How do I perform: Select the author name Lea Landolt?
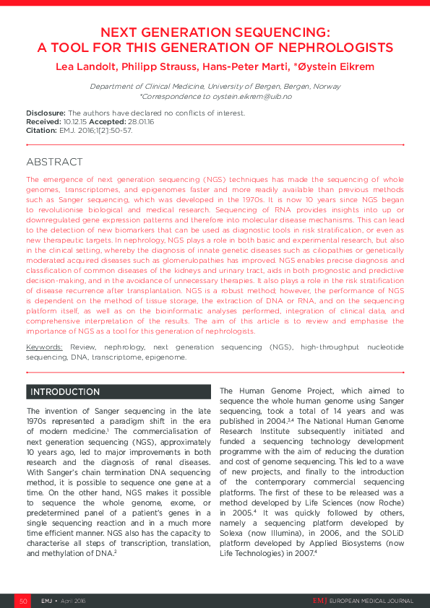point(84,67)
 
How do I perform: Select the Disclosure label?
point(46,113)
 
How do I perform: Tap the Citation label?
point(41,131)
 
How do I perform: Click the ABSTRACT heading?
point(54,162)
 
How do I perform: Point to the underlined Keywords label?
point(46,347)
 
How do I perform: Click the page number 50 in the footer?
point(23,601)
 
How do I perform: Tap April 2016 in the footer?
point(74,601)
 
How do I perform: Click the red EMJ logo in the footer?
point(319,601)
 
